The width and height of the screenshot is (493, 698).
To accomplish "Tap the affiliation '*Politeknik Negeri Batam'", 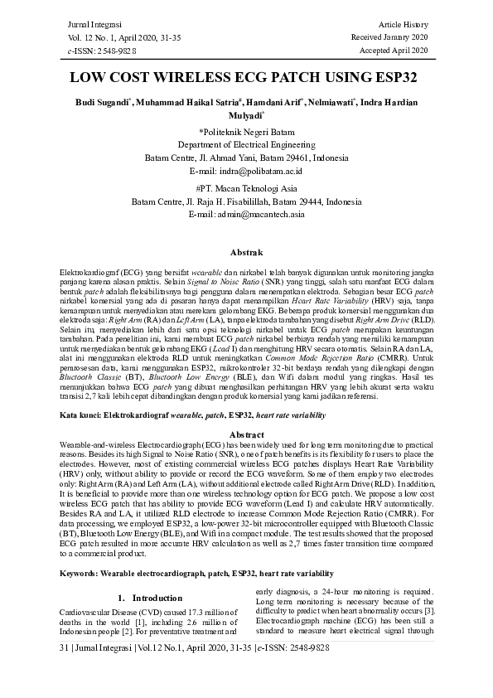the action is point(246,132).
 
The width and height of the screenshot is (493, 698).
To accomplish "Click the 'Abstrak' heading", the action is point(246,251).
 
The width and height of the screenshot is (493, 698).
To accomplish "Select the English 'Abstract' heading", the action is point(246,434).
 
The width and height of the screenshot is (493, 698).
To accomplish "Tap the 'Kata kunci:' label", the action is point(80,420).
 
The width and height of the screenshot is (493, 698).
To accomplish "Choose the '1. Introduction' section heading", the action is point(146,574).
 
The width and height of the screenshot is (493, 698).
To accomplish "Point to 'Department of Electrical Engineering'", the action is point(246,144).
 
